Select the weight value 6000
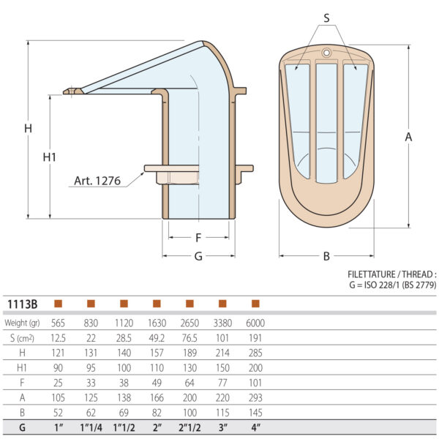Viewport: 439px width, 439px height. click(x=255, y=323)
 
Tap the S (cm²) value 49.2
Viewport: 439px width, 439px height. click(x=157, y=337)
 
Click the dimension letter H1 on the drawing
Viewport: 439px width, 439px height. click(x=50, y=157)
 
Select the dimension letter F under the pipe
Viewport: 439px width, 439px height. click(x=198, y=238)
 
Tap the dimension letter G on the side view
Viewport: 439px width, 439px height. click(x=198, y=256)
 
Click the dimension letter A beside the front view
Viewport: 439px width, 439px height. click(x=408, y=137)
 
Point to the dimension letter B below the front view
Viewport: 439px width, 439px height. click(x=326, y=256)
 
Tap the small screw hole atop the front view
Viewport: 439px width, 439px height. click(x=326, y=53)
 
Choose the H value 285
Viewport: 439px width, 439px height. click(x=255, y=352)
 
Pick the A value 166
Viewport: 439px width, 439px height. click(x=157, y=397)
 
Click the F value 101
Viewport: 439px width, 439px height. click(x=255, y=382)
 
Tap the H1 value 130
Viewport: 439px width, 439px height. click(x=190, y=367)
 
